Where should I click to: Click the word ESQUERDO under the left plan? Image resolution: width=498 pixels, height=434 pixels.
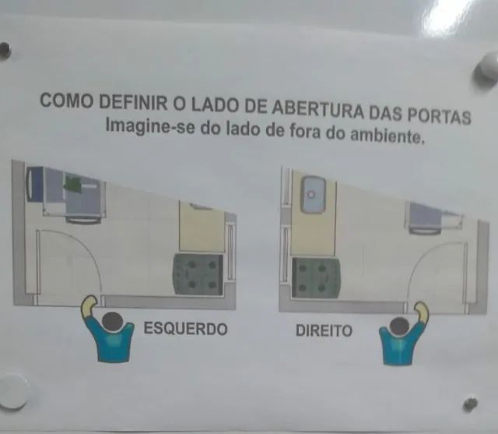click(185, 329)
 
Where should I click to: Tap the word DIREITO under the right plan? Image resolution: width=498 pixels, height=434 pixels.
click(324, 331)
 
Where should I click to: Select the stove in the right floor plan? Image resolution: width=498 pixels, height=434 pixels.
click(314, 277)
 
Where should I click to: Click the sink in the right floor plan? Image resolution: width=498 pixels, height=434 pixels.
click(314, 193)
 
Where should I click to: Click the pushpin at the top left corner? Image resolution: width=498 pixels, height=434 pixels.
click(5, 51)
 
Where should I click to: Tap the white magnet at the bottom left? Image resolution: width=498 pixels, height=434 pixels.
click(12, 390)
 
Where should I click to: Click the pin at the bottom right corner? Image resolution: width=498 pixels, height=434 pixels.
click(470, 404)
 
